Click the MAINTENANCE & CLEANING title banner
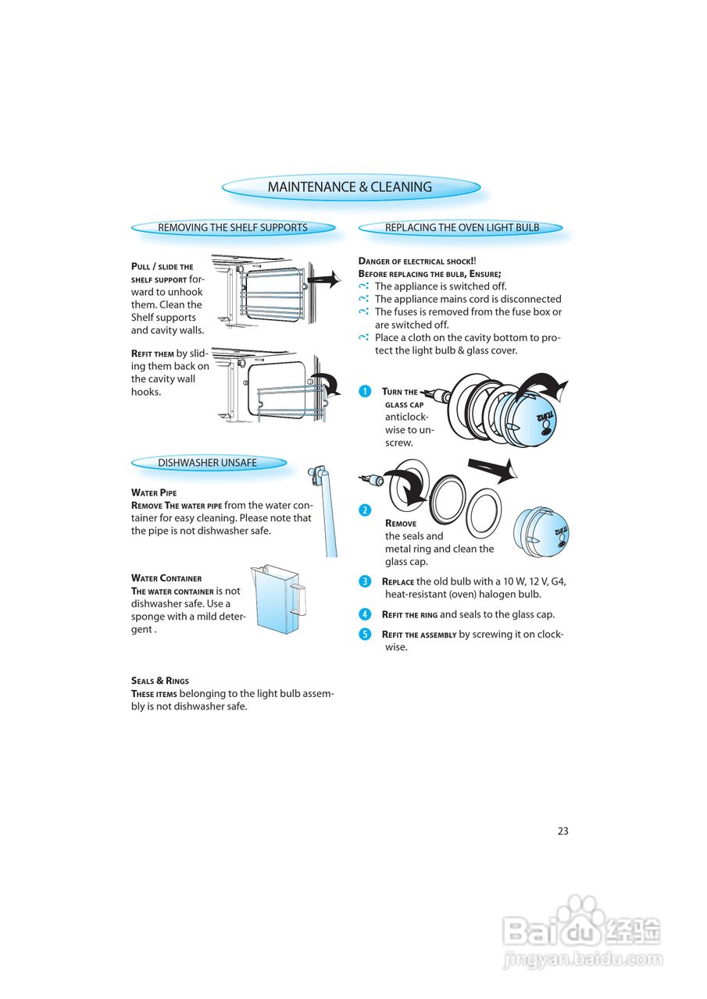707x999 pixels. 350,187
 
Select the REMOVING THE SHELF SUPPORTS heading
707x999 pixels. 233,228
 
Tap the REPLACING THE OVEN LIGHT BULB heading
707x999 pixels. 462,228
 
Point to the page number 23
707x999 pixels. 562,831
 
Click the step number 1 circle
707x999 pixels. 365,392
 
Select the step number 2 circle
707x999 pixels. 365,510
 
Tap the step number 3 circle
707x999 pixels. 365,581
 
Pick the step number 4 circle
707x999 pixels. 365,614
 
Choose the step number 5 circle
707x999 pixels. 365,634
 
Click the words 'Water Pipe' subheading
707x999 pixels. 154,493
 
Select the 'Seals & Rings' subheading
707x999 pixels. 160,681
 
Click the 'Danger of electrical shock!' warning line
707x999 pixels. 417,261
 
